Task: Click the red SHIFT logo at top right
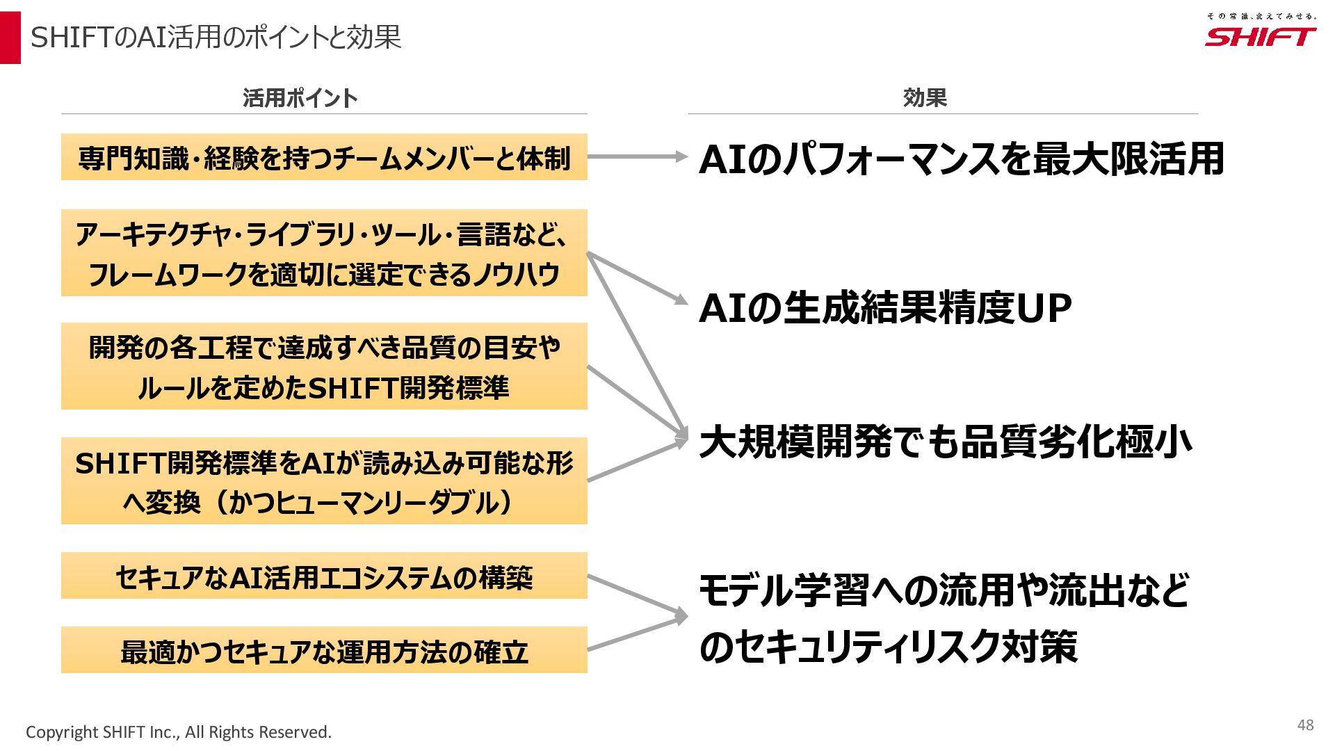coord(1260,37)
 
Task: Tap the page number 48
coord(1305,725)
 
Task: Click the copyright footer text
coord(179,732)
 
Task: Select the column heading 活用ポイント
coord(300,98)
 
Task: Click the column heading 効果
coord(925,98)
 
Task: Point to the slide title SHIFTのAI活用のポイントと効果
coord(216,38)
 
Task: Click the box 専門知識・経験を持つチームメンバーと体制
coord(324,157)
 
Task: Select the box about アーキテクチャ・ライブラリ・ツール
coord(324,253)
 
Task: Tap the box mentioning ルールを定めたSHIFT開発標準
coord(324,366)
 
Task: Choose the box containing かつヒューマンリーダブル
coord(324,481)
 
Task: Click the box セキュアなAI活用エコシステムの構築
coord(324,576)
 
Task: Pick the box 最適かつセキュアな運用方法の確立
coord(324,650)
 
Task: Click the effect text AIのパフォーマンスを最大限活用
coord(961,159)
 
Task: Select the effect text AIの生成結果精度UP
coord(884,308)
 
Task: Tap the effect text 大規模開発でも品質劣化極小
coord(946,442)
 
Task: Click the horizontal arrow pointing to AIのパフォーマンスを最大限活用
coord(636,157)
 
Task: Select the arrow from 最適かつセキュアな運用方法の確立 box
coord(636,633)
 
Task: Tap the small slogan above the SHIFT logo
coord(1261,15)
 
